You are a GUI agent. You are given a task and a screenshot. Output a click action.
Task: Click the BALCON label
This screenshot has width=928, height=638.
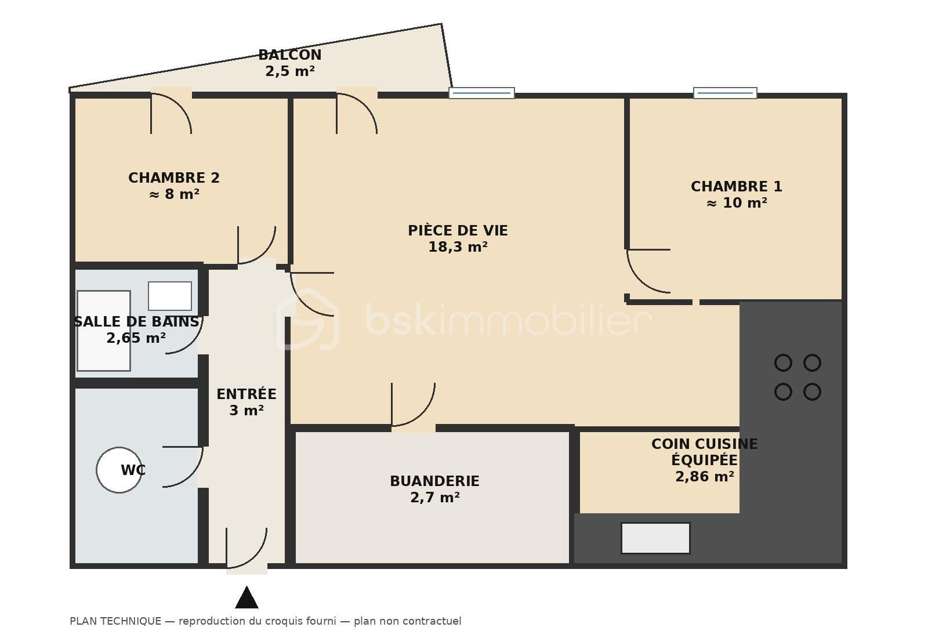289,55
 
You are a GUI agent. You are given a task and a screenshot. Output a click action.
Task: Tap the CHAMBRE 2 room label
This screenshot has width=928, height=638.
174,177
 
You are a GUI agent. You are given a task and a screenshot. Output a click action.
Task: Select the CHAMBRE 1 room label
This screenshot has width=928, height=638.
736,186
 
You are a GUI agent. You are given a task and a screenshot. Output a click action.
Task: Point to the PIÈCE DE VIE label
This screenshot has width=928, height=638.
458,230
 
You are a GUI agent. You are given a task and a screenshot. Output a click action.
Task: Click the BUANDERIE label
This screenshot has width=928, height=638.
434,481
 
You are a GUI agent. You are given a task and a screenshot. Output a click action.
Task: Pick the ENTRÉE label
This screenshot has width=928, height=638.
246,394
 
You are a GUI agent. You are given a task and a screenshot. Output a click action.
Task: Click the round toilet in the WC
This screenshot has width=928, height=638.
119,470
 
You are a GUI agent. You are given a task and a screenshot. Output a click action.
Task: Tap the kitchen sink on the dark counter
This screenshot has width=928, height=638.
655,538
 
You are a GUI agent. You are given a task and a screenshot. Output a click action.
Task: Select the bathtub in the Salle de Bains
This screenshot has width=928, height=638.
104,331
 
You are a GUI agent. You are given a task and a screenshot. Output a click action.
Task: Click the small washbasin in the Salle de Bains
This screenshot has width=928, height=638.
170,296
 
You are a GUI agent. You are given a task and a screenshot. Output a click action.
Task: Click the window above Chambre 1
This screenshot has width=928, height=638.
725,93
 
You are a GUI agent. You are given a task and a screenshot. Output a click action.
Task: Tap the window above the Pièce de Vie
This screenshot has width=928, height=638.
481,93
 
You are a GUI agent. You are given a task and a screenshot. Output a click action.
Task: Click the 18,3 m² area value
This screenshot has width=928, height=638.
458,247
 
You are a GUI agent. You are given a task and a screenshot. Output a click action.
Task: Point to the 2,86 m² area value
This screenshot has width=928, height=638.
705,476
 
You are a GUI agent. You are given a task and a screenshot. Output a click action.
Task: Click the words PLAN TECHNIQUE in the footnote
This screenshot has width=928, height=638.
115,621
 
